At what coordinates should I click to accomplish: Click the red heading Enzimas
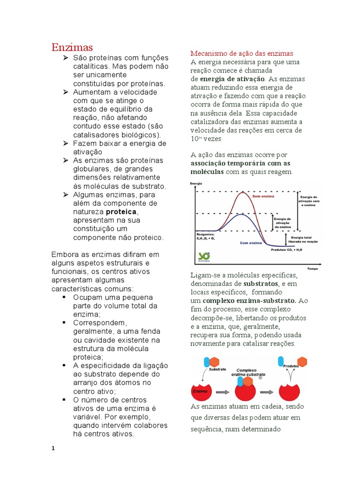tap(72, 47)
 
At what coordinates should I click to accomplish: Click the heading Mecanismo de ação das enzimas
tap(241, 53)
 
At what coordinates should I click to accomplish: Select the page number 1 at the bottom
tap(53, 448)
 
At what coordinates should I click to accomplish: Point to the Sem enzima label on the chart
tap(263, 197)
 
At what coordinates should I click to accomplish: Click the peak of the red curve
tap(243, 192)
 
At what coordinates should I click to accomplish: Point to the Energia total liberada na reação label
tap(305, 240)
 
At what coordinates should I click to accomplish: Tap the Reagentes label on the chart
tap(206, 234)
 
